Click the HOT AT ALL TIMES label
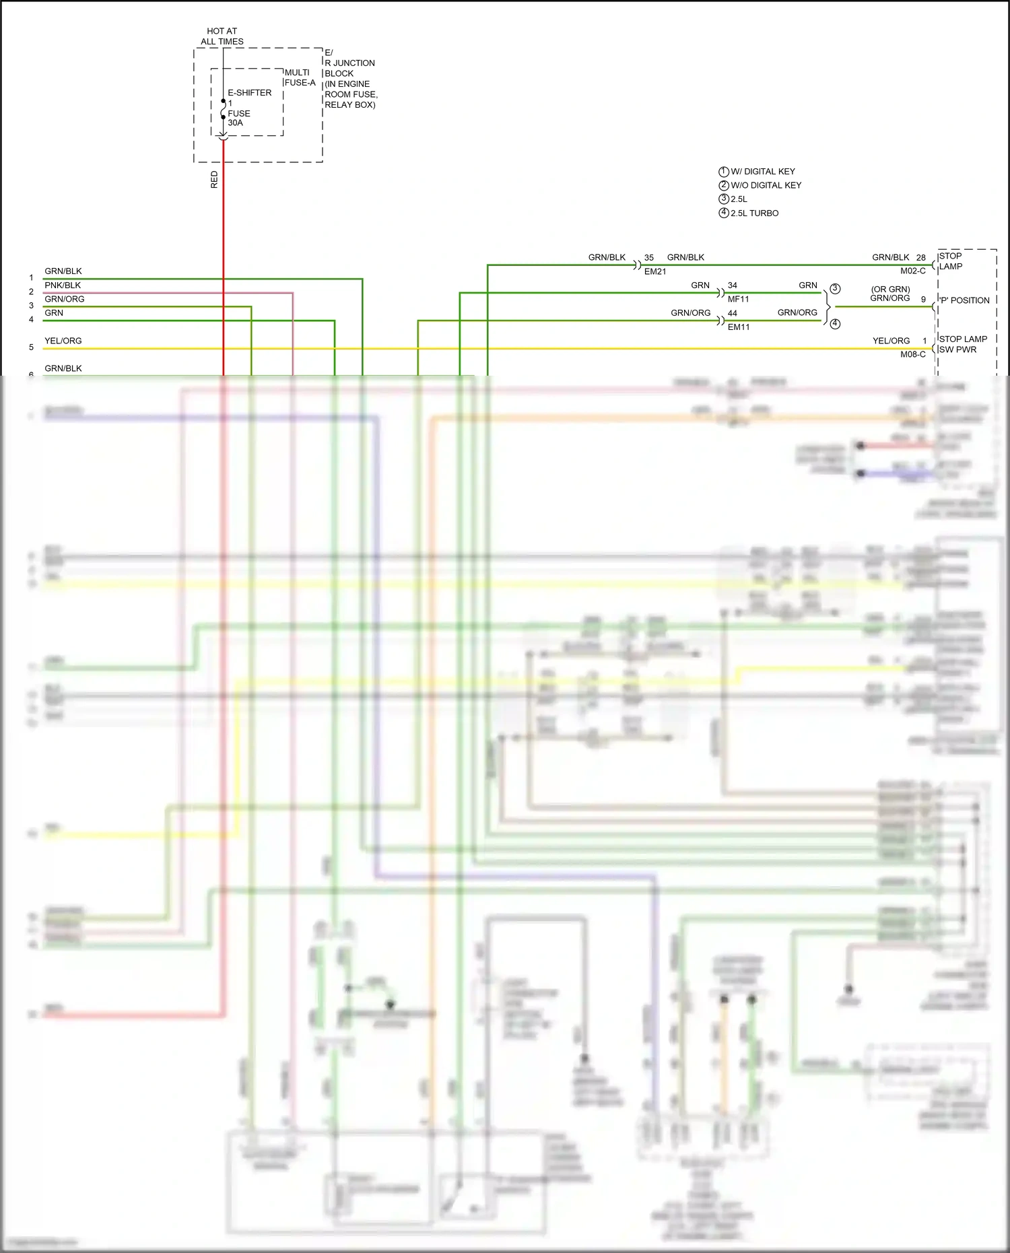222,36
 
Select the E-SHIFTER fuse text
249,93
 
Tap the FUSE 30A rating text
238,118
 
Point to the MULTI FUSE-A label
299,77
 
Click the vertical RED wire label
215,179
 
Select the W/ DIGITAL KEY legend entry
762,172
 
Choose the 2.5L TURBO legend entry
754,213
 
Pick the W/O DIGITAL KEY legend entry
766,185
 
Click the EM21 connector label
654,271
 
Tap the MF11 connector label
738,299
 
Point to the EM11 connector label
738,327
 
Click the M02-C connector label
912,271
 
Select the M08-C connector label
912,354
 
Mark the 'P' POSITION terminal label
964,300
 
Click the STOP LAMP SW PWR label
962,344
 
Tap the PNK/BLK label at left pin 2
63,285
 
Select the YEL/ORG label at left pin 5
63,341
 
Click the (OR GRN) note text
890,290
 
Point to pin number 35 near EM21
648,258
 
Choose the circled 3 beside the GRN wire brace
835,289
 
